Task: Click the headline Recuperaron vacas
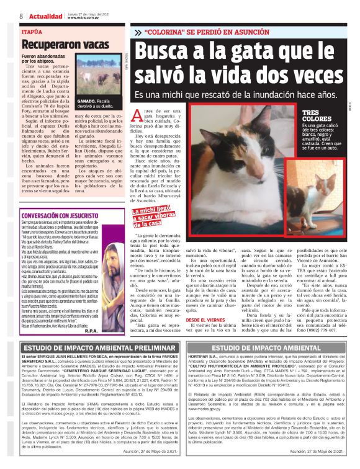[58, 45]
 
